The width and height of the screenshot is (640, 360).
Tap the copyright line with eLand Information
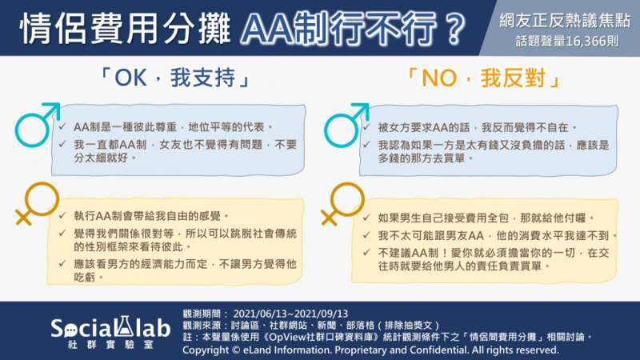pyautogui.click(x=370, y=350)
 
